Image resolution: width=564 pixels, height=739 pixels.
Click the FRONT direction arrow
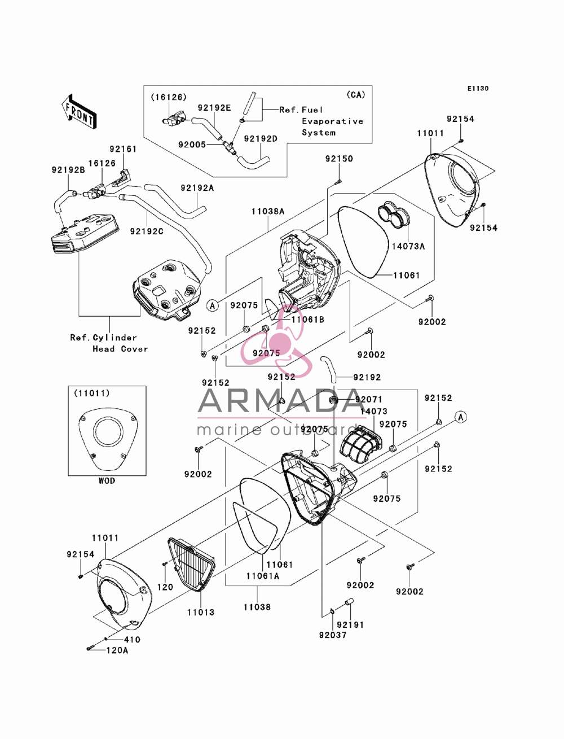79,111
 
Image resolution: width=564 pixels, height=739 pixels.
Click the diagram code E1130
478,89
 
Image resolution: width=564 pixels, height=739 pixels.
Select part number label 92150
339,159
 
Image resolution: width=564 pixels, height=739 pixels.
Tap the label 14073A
408,247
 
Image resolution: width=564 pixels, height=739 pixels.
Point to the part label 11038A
268,212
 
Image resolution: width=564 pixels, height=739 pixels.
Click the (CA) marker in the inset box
356,95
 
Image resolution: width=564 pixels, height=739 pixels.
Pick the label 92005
192,145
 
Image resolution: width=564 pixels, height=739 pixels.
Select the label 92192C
147,231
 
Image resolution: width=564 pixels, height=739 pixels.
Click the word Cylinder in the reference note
114,338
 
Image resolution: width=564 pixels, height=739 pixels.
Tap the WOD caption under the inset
107,481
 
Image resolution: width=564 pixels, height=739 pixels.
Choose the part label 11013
201,612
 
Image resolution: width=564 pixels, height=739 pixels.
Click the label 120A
117,650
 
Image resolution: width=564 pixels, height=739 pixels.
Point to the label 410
132,639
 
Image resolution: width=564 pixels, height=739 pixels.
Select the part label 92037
333,635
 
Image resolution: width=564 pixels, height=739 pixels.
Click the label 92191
350,624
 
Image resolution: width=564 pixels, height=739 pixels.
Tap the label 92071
369,399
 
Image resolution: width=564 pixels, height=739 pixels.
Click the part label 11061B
308,320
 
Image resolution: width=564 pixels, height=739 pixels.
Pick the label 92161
123,149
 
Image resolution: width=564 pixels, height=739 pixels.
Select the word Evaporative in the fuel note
332,121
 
